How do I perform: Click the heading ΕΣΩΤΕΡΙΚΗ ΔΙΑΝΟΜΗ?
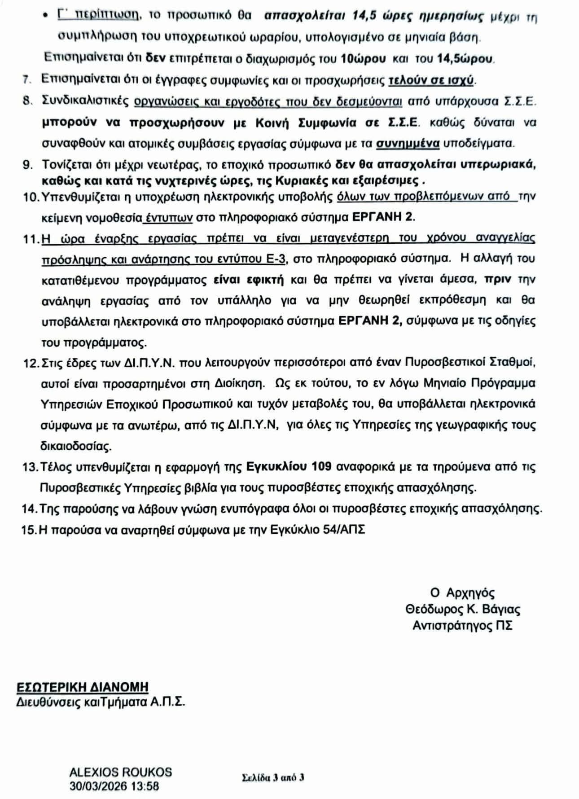(x=83, y=687)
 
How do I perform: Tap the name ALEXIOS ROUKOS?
(x=121, y=772)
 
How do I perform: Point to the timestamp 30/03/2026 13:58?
(x=114, y=786)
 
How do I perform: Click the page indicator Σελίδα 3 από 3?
(x=273, y=777)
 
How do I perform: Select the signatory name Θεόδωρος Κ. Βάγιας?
(x=463, y=609)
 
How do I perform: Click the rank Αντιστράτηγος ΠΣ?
(x=462, y=625)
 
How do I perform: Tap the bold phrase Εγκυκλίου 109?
(x=289, y=467)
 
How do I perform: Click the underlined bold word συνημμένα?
(x=407, y=144)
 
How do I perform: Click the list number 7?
(x=26, y=81)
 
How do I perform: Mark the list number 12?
(x=31, y=363)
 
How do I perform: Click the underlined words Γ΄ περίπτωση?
(x=97, y=15)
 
